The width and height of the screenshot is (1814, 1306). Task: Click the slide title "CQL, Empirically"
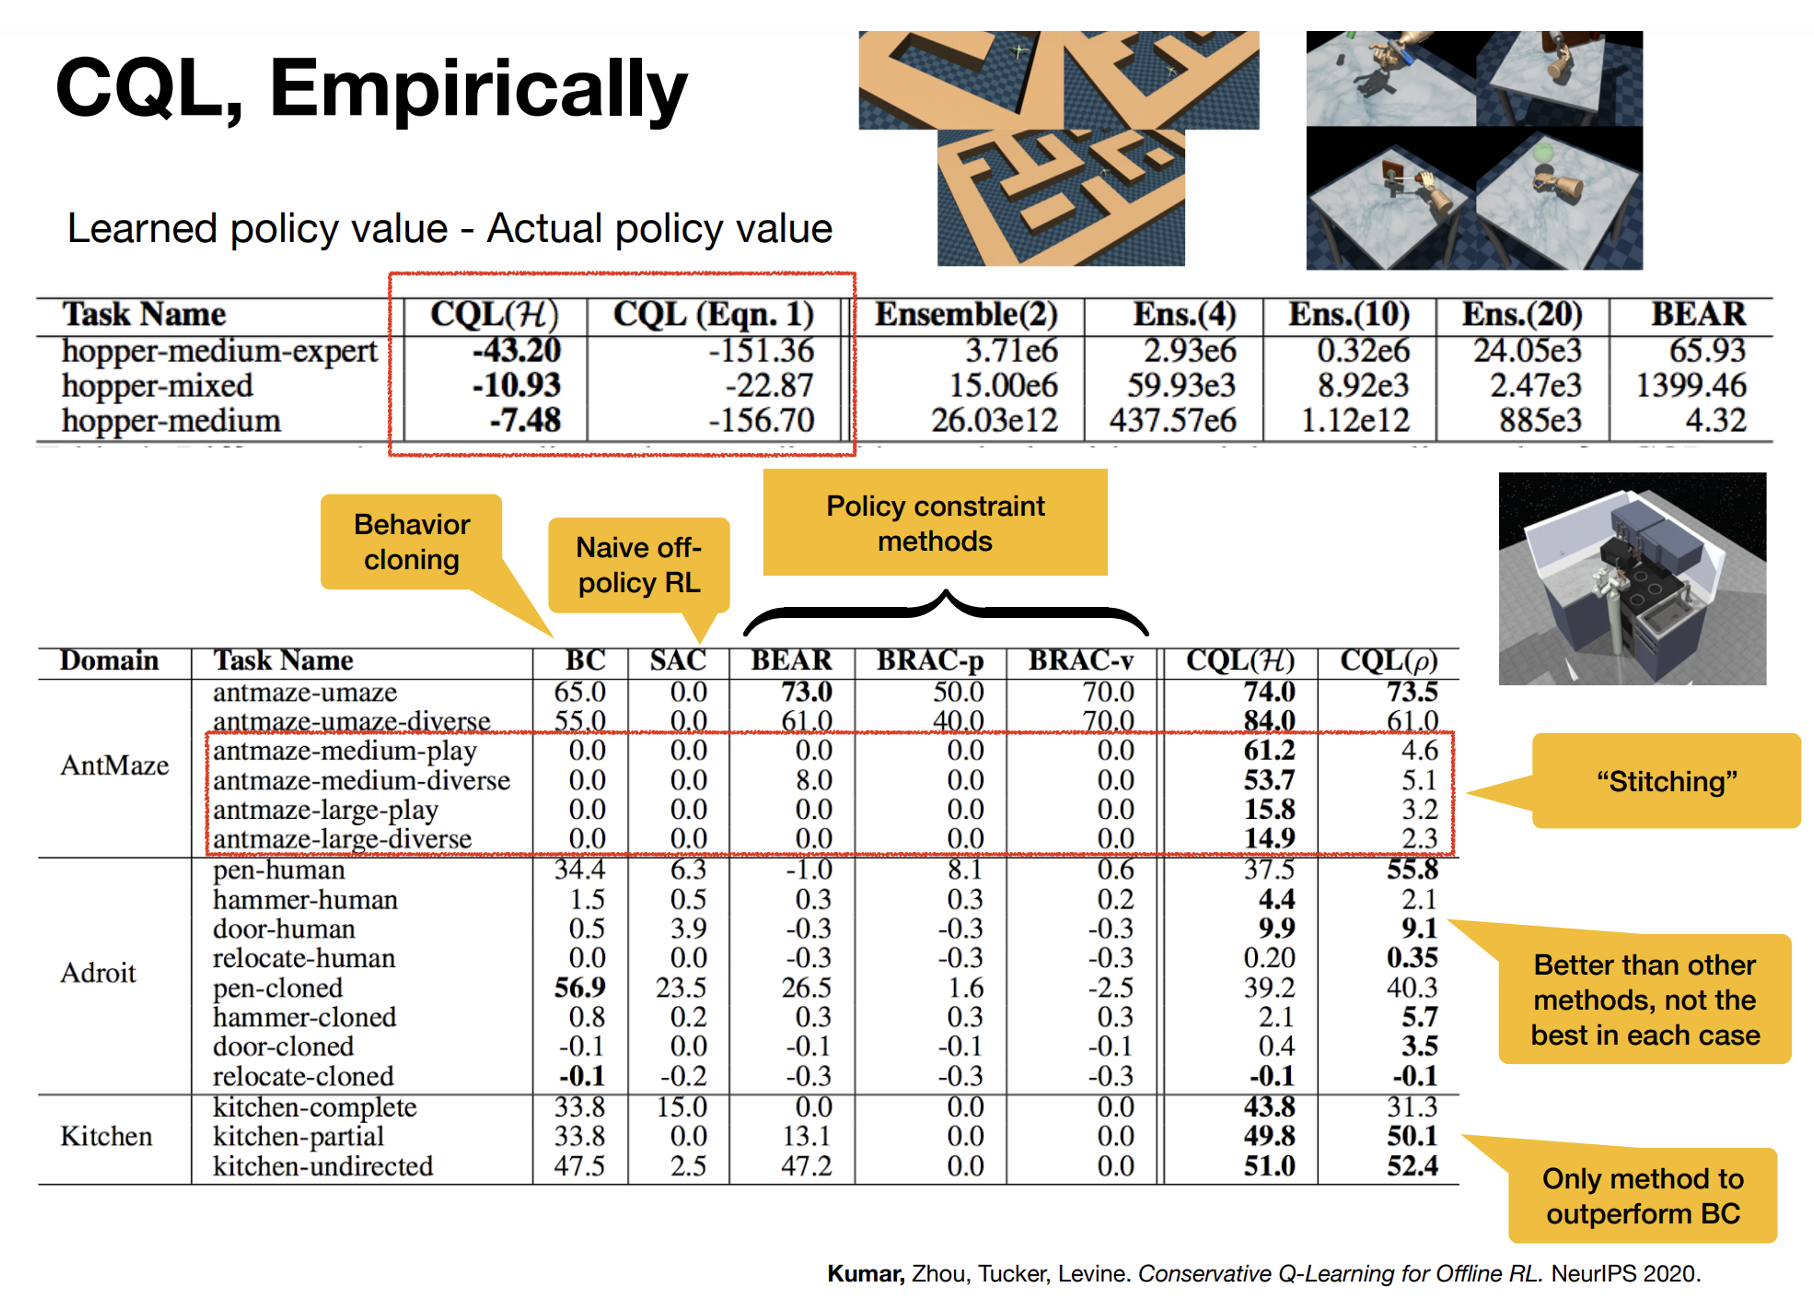coord(371,89)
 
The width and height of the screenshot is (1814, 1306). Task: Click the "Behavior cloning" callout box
coord(411,542)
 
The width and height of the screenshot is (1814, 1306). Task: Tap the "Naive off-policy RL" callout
coord(639,565)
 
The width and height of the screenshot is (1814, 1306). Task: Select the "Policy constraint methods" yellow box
coord(935,523)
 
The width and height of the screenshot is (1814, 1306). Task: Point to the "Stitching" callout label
coord(1666,781)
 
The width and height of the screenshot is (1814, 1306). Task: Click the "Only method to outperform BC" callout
coord(1642,1196)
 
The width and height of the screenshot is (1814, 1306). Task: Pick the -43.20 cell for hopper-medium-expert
coord(517,351)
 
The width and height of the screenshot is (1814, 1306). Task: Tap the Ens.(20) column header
coord(1521,315)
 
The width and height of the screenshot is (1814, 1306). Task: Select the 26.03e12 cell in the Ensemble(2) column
coord(994,421)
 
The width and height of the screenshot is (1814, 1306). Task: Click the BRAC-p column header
coord(930,661)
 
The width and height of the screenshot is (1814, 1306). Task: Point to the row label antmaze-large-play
coord(326,810)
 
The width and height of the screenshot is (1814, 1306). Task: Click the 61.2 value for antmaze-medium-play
coord(1269,751)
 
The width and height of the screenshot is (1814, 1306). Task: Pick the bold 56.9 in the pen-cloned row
coord(580,988)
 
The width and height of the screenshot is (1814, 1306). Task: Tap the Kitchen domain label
coord(106,1137)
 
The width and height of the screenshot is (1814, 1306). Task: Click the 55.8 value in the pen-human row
coord(1412,870)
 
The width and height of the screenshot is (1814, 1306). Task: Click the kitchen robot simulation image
coord(1632,579)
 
